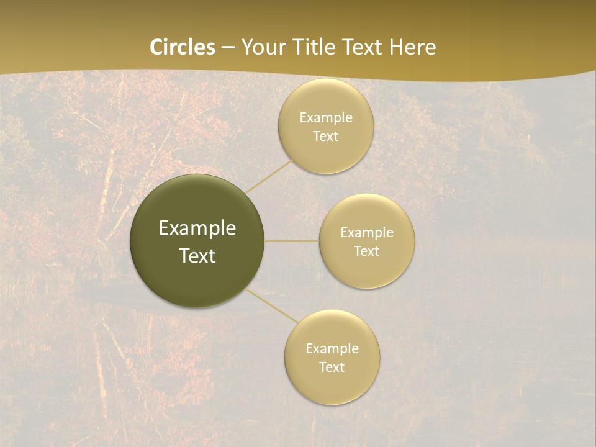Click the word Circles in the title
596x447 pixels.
click(182, 47)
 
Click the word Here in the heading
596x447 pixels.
click(412, 47)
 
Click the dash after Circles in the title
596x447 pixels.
click(227, 48)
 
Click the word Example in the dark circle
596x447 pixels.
click(197, 228)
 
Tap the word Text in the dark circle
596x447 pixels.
click(197, 256)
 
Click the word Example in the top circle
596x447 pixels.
click(326, 118)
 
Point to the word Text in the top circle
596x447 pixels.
click(326, 137)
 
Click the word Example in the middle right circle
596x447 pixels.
click(367, 233)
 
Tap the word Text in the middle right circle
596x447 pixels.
click(367, 251)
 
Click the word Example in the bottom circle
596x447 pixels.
click(332, 349)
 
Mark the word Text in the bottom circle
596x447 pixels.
click(332, 368)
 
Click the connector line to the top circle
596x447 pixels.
click(268, 176)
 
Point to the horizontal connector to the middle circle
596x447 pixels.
click(292, 241)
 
